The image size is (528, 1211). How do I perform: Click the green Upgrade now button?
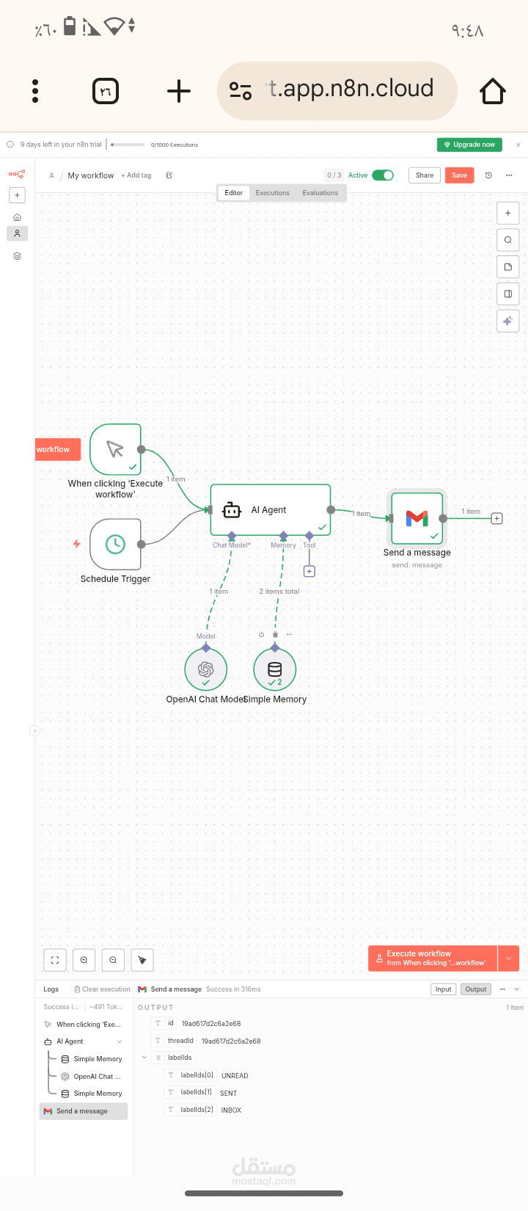(x=469, y=145)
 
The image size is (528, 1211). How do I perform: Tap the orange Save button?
(x=459, y=175)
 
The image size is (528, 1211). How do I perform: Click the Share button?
(x=425, y=175)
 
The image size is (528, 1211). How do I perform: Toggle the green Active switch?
(x=383, y=175)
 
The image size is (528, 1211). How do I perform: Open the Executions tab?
(x=273, y=193)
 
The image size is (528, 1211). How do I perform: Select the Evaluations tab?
(x=320, y=193)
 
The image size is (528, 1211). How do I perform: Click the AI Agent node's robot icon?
(x=232, y=510)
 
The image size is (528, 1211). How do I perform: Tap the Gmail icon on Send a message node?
(x=417, y=518)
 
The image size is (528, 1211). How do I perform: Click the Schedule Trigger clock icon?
(x=115, y=544)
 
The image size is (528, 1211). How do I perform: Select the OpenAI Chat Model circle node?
(x=206, y=669)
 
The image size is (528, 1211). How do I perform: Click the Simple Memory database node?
(x=275, y=669)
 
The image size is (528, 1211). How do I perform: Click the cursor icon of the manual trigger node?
(x=115, y=449)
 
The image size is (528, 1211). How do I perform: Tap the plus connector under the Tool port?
(x=309, y=571)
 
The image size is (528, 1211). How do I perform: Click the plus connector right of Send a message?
(x=496, y=518)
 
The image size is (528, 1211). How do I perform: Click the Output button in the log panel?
(x=476, y=989)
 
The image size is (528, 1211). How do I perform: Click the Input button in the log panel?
(x=443, y=989)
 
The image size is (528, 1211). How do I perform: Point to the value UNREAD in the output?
(x=235, y=1076)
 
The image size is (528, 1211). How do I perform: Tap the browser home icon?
(x=493, y=91)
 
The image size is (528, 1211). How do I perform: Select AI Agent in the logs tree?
(x=70, y=1041)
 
